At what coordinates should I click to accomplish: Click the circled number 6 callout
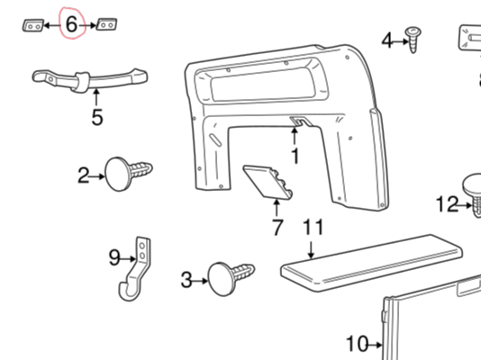(x=71, y=25)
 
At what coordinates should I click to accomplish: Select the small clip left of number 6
(x=32, y=26)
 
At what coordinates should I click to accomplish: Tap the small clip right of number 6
(x=107, y=26)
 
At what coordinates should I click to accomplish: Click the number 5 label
(x=97, y=116)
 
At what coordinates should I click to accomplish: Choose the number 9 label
(x=114, y=258)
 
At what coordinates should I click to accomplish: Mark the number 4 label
(x=387, y=40)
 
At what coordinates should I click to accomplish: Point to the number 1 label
(x=294, y=155)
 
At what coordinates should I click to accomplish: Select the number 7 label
(x=277, y=228)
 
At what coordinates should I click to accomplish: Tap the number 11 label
(x=313, y=228)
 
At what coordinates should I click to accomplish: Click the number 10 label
(x=357, y=343)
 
